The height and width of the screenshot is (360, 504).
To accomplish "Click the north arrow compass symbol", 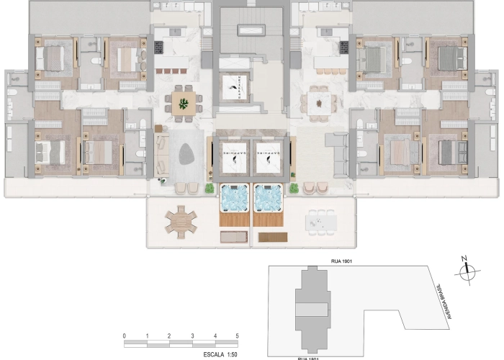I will point(468,271).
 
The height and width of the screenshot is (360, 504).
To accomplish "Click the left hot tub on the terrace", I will point(233,197).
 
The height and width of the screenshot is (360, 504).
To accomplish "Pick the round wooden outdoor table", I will point(180,221).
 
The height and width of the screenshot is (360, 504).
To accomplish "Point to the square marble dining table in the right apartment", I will point(318,102).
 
